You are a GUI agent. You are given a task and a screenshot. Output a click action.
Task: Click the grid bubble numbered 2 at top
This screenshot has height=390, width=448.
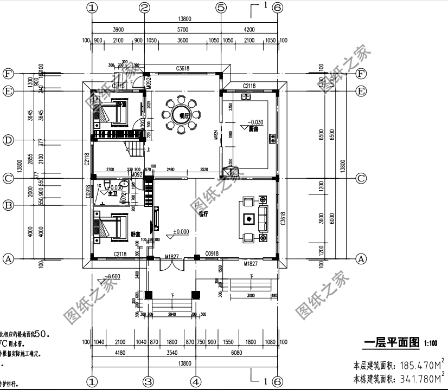point(145,8)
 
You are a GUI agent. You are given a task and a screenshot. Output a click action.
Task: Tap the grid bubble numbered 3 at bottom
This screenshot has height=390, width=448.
point(148,381)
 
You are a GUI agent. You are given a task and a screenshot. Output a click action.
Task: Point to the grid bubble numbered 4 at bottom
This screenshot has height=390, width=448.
point(196,381)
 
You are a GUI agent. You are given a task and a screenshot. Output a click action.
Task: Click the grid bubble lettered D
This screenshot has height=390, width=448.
point(8,140)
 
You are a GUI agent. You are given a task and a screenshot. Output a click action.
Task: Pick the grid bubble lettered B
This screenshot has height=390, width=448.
point(8,205)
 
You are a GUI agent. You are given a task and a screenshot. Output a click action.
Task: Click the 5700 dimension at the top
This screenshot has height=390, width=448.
point(183,29)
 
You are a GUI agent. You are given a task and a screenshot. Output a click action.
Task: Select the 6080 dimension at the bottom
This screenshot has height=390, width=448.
point(236,353)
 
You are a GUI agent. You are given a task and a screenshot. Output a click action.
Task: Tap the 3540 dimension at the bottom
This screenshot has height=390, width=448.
point(171,353)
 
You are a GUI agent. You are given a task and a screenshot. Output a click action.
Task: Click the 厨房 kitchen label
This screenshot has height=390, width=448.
point(253,130)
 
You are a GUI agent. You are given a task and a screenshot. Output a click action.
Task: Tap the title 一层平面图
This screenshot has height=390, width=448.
point(392,342)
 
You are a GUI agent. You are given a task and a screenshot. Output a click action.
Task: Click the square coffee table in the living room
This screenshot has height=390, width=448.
point(249,219)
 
